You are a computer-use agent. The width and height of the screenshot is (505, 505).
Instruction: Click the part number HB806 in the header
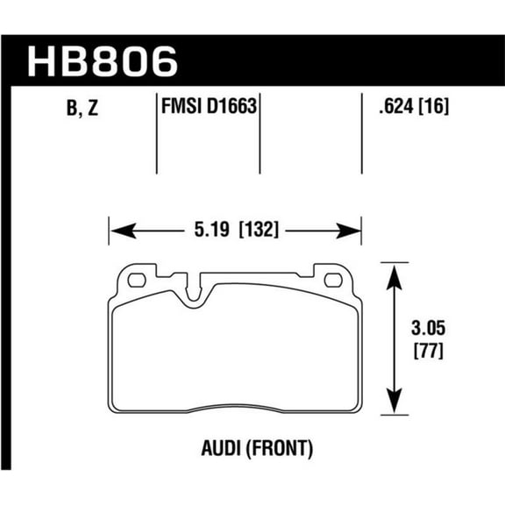(x=103, y=61)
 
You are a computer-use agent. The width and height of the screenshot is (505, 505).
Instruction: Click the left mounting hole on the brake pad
(x=136, y=281)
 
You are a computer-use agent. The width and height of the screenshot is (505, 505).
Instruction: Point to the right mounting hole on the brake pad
(x=332, y=281)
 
